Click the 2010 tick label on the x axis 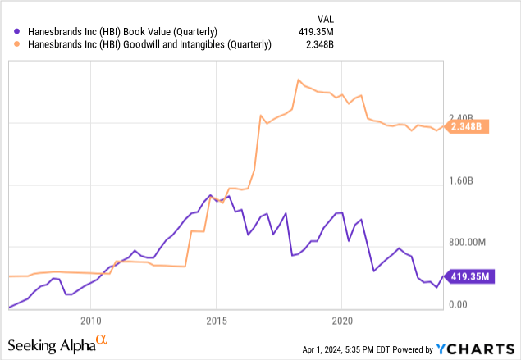point(90,319)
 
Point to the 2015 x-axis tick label point(217,319)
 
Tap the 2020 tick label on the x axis point(342,319)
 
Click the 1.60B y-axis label point(468,181)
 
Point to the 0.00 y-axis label point(459,305)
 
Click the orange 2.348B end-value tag point(471,126)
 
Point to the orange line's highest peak point(298,79)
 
